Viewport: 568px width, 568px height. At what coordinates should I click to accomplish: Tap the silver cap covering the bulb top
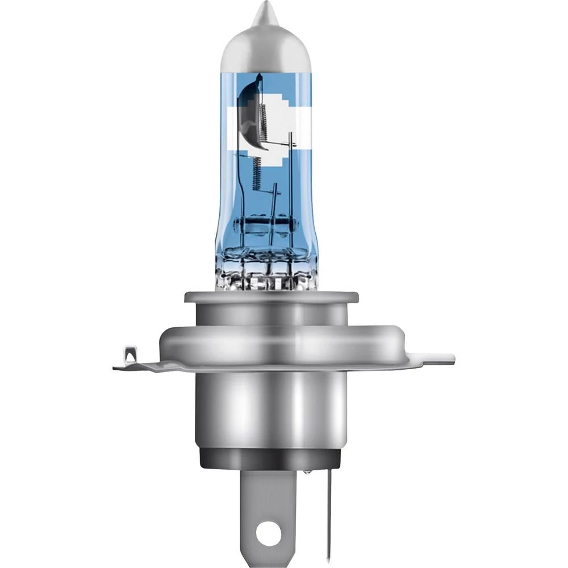coord(265,45)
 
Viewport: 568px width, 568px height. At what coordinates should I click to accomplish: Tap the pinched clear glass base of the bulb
coord(267,273)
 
